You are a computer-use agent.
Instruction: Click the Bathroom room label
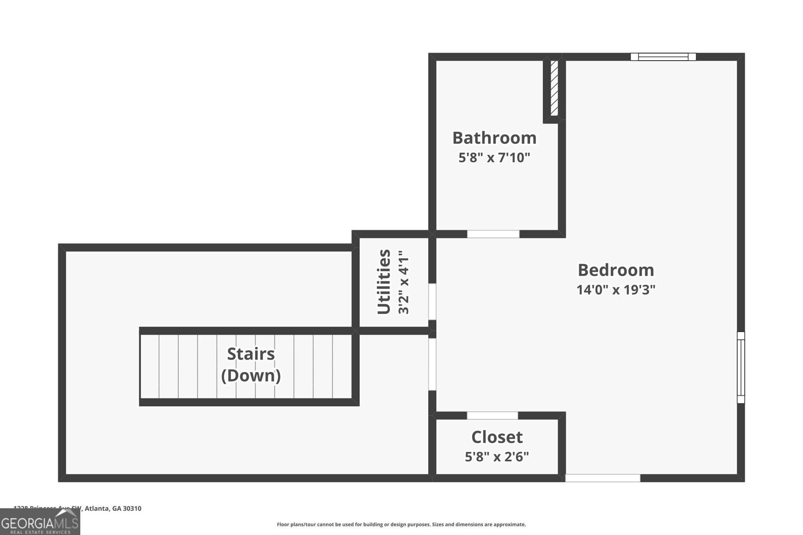point(494,138)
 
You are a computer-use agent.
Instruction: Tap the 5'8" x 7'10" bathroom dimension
point(494,158)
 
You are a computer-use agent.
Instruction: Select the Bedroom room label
point(616,270)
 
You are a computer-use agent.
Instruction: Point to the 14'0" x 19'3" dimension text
point(616,290)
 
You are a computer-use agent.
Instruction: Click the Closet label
point(497,437)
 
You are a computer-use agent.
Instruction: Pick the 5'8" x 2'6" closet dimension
point(497,457)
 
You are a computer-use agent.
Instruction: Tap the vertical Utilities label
point(384,282)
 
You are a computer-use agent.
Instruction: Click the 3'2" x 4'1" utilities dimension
point(404,285)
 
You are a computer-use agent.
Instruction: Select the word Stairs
point(250,354)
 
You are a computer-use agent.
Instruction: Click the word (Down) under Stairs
point(250,376)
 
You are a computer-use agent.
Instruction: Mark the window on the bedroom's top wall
point(663,57)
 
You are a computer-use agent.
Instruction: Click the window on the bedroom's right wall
point(741,367)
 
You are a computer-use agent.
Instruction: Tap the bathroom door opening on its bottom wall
point(493,234)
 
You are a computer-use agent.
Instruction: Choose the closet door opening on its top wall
point(492,416)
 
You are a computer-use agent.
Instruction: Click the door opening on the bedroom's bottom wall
point(602,478)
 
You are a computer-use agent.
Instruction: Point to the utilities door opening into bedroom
point(432,301)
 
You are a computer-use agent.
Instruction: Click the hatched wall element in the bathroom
point(554,88)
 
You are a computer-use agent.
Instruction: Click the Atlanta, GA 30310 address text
point(112,508)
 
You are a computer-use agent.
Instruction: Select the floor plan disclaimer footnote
point(401,524)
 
